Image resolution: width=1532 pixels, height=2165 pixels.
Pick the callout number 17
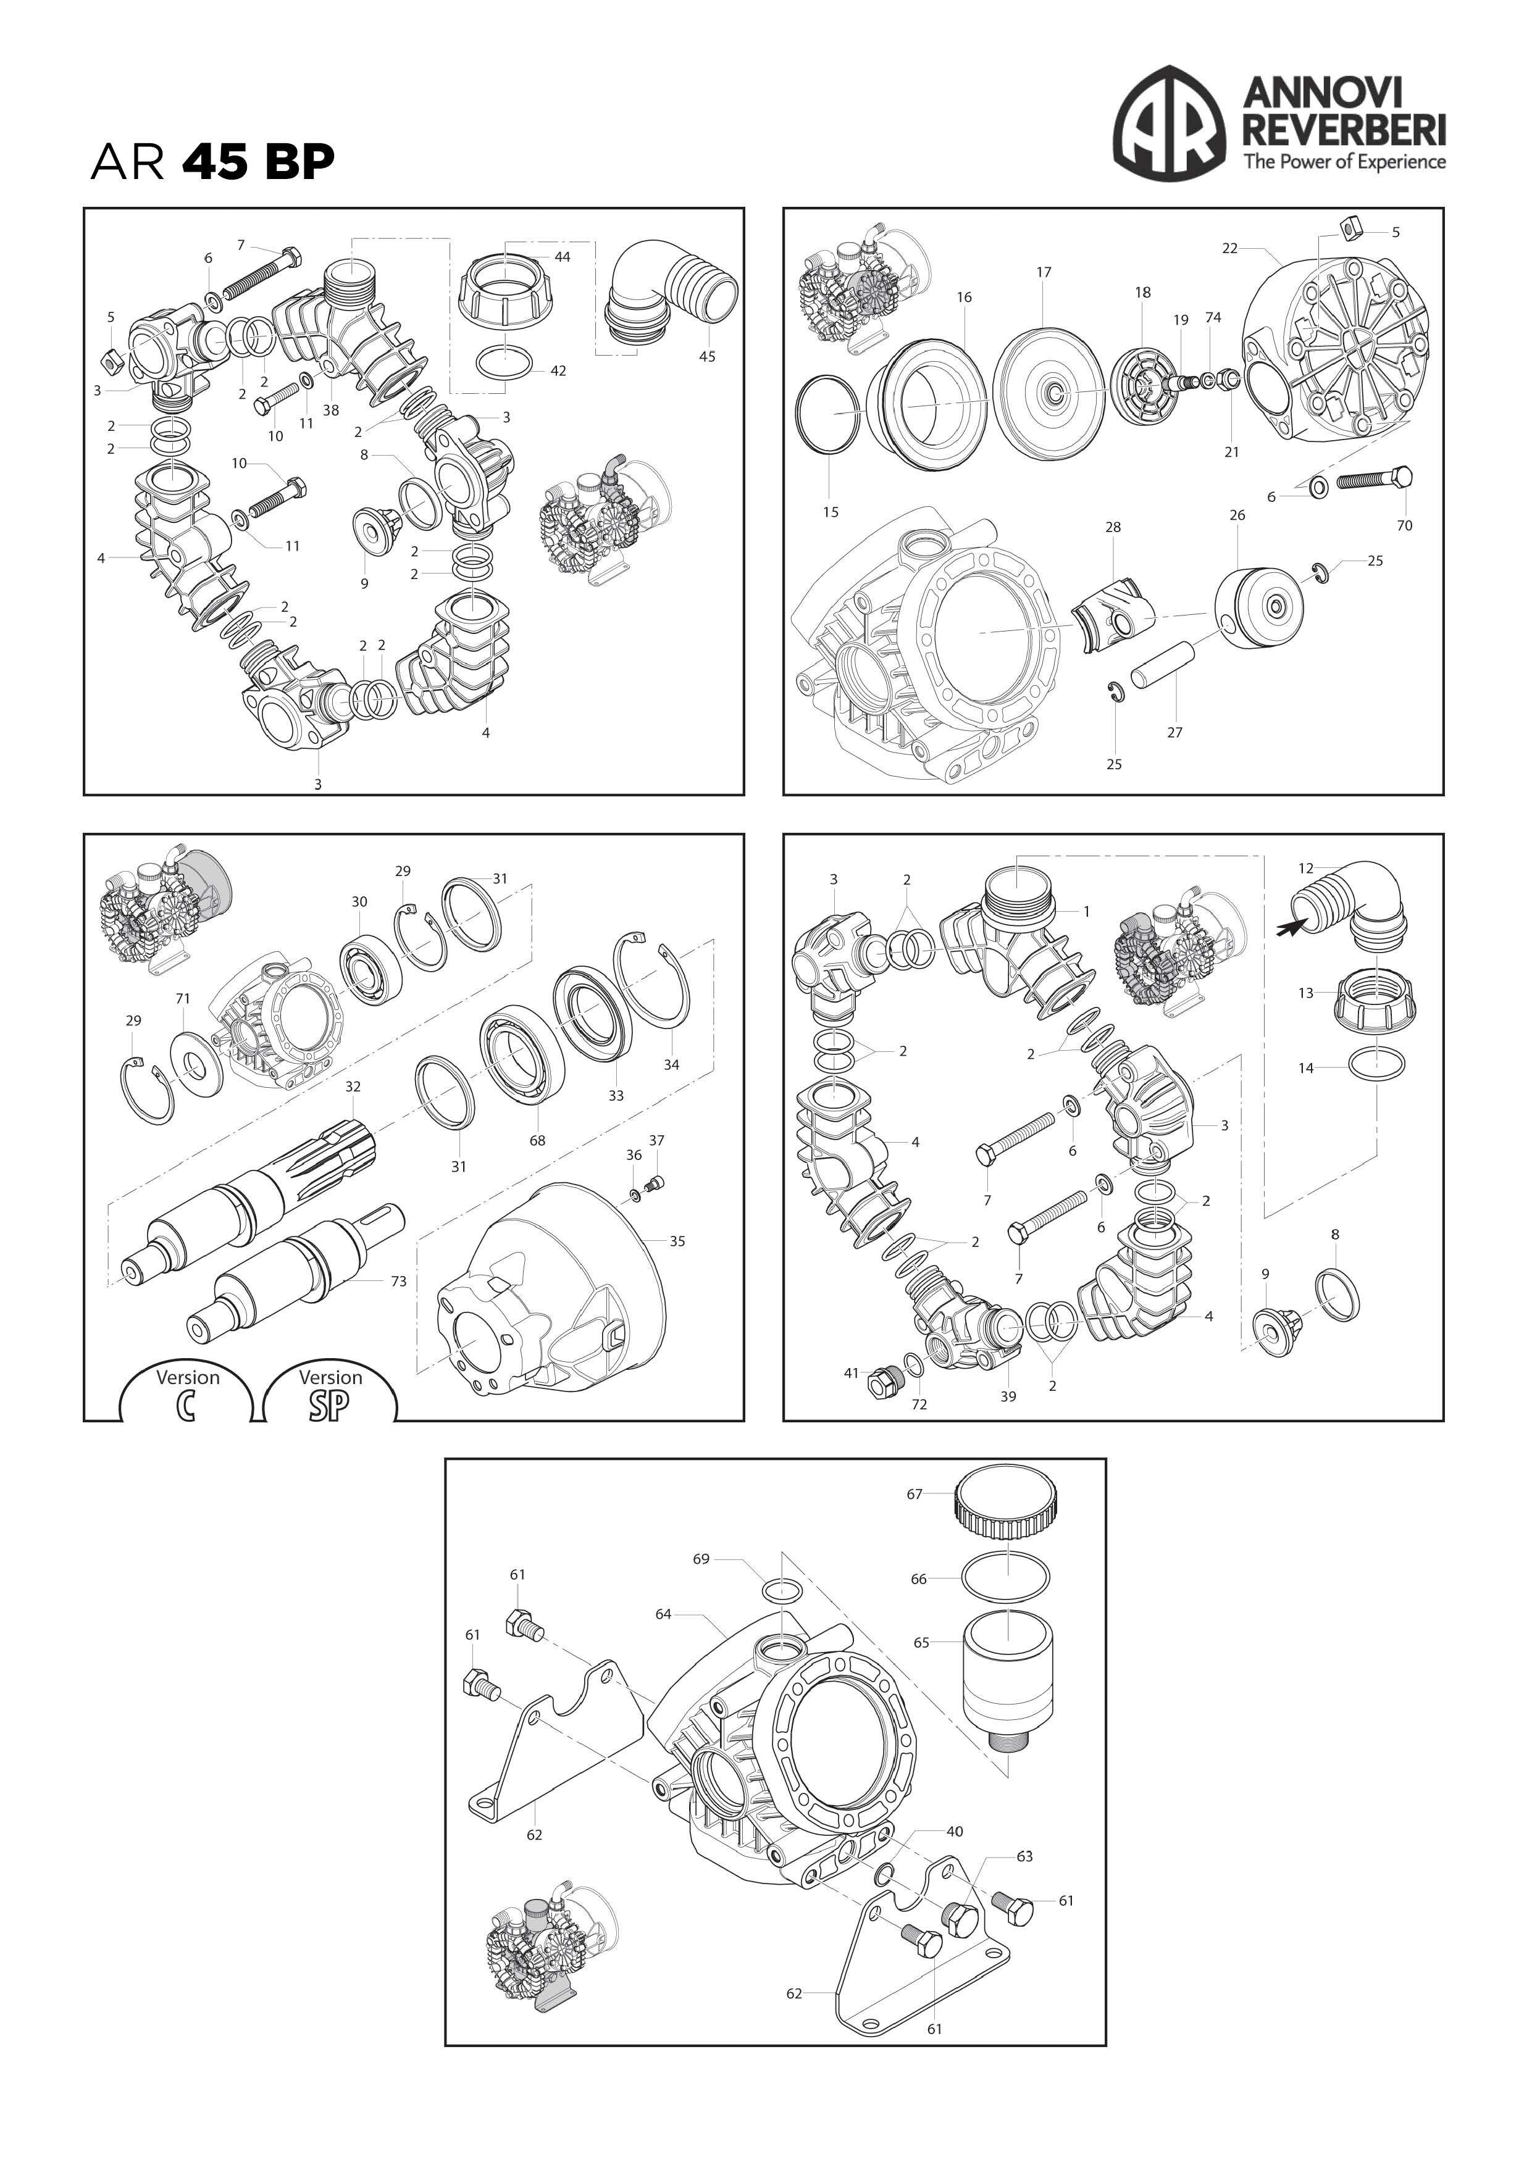coord(1044,272)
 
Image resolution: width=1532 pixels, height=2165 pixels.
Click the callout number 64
coord(663,1614)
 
